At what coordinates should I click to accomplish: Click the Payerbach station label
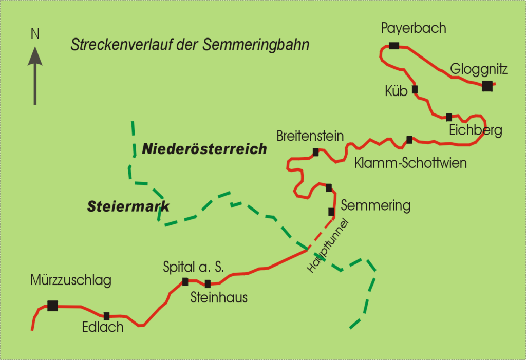click(x=413, y=29)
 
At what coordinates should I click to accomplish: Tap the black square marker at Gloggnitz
click(x=487, y=86)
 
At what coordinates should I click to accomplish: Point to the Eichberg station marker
click(x=449, y=117)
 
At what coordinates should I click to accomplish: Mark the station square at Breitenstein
click(x=315, y=152)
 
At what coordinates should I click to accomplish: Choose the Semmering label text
click(x=375, y=206)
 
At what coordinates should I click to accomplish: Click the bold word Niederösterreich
click(x=204, y=149)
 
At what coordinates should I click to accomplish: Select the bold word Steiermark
click(x=128, y=207)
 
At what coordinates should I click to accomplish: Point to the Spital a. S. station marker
click(x=185, y=281)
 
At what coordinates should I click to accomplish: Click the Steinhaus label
click(x=219, y=297)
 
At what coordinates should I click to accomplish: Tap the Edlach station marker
click(x=107, y=316)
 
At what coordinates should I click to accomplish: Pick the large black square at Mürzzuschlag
click(x=52, y=306)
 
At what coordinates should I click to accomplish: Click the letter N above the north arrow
click(x=35, y=35)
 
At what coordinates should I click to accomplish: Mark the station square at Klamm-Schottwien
click(x=409, y=139)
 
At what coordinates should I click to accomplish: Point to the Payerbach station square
click(x=394, y=46)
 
